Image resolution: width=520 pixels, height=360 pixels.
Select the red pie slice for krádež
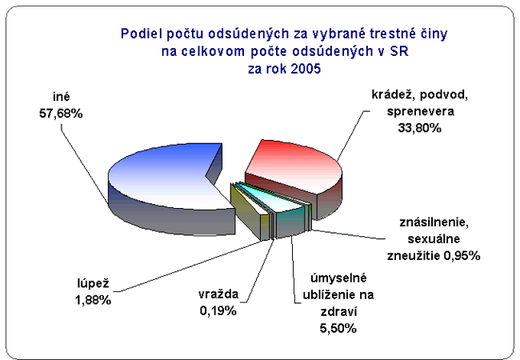[295, 172]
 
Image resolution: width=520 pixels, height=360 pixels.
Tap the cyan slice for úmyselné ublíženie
[282, 209]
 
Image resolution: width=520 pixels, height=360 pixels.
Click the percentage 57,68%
[61, 114]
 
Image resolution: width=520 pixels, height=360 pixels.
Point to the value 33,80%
[419, 128]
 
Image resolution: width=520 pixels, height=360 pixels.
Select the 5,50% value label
[338, 329]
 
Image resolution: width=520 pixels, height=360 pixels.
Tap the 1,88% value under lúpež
[93, 300]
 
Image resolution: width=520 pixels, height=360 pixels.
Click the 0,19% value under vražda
[218, 311]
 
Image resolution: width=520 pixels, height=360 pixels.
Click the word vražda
[218, 294]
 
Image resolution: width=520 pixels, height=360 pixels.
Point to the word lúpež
[93, 284]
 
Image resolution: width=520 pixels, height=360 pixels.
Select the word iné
[62, 97]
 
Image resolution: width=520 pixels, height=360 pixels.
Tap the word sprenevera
[421, 111]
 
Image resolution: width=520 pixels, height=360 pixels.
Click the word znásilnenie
[434, 222]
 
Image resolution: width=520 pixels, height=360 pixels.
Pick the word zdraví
[338, 312]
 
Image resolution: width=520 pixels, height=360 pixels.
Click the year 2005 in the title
[306, 69]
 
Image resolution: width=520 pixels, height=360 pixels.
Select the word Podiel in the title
[140, 34]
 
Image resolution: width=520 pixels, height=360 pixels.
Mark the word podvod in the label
[444, 95]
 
